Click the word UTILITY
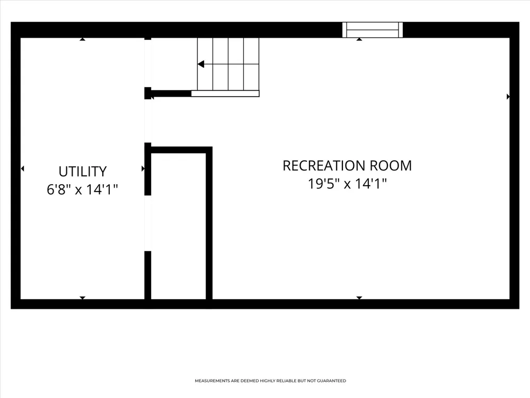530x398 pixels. click(x=83, y=171)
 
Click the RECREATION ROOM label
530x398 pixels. click(x=347, y=166)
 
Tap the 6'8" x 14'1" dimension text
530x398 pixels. click(x=83, y=189)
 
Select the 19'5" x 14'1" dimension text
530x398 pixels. click(x=347, y=184)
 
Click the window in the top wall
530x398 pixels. click(x=373, y=30)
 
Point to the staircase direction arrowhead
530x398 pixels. click(x=201, y=64)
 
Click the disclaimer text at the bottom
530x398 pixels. click(x=270, y=380)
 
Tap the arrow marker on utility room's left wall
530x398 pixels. click(x=22, y=169)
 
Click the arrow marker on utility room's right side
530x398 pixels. click(x=143, y=169)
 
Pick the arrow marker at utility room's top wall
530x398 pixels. click(x=83, y=39)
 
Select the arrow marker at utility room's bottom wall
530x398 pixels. click(x=83, y=298)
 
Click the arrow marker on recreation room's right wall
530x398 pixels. click(x=508, y=97)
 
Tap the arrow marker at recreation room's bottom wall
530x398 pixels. click(x=359, y=298)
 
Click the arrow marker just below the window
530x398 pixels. click(x=359, y=39)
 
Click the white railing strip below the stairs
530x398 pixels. click(x=225, y=94)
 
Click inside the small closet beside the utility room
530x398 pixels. click(x=179, y=226)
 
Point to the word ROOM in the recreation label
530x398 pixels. click(x=391, y=166)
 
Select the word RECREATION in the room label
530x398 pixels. click(x=324, y=166)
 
